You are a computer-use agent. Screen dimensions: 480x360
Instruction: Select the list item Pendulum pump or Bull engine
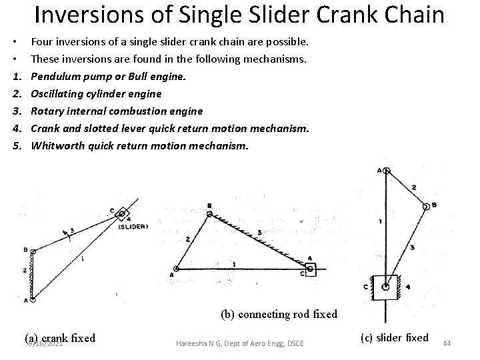(109, 76)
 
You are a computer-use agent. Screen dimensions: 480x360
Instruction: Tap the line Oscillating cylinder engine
(96, 93)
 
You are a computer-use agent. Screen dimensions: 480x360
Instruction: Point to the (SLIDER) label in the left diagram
(133, 226)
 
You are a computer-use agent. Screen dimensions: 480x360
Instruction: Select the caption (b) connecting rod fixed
(279, 313)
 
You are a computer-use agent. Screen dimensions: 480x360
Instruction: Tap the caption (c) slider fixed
(394, 337)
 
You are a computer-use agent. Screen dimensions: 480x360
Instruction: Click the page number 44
(447, 343)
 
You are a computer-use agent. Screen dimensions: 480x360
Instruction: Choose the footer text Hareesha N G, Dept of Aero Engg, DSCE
(239, 343)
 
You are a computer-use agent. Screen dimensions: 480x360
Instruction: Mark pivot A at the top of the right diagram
(387, 171)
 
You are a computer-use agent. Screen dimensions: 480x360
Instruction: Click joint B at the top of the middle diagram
(209, 215)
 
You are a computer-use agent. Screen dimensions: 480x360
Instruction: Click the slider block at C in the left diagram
(121, 214)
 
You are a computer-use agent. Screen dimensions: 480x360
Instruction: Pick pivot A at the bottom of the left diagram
(32, 299)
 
